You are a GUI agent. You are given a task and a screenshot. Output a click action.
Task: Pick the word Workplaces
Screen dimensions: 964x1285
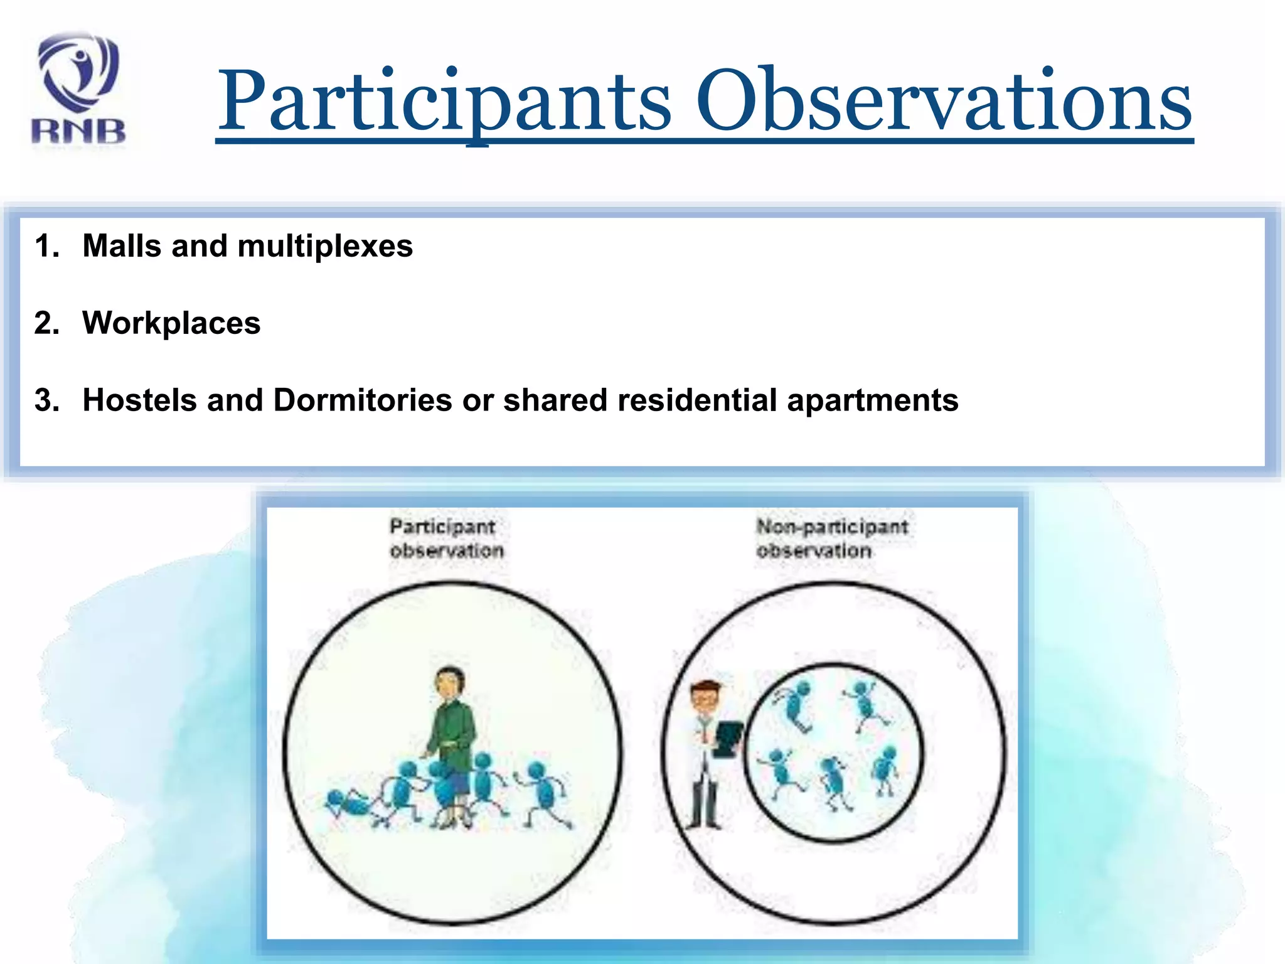pyautogui.click(x=171, y=323)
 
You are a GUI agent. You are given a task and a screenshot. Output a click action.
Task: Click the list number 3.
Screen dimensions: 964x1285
pyautogui.click(x=46, y=400)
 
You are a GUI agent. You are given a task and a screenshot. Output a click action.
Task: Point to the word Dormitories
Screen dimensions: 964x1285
pyautogui.click(x=362, y=400)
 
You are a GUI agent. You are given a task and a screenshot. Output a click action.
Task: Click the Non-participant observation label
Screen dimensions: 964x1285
pyautogui.click(x=831, y=538)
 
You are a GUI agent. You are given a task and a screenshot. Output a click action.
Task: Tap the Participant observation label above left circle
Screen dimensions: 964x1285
pyautogui.click(x=445, y=538)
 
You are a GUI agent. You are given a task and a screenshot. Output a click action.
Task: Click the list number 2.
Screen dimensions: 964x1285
pyautogui.click(x=46, y=323)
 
